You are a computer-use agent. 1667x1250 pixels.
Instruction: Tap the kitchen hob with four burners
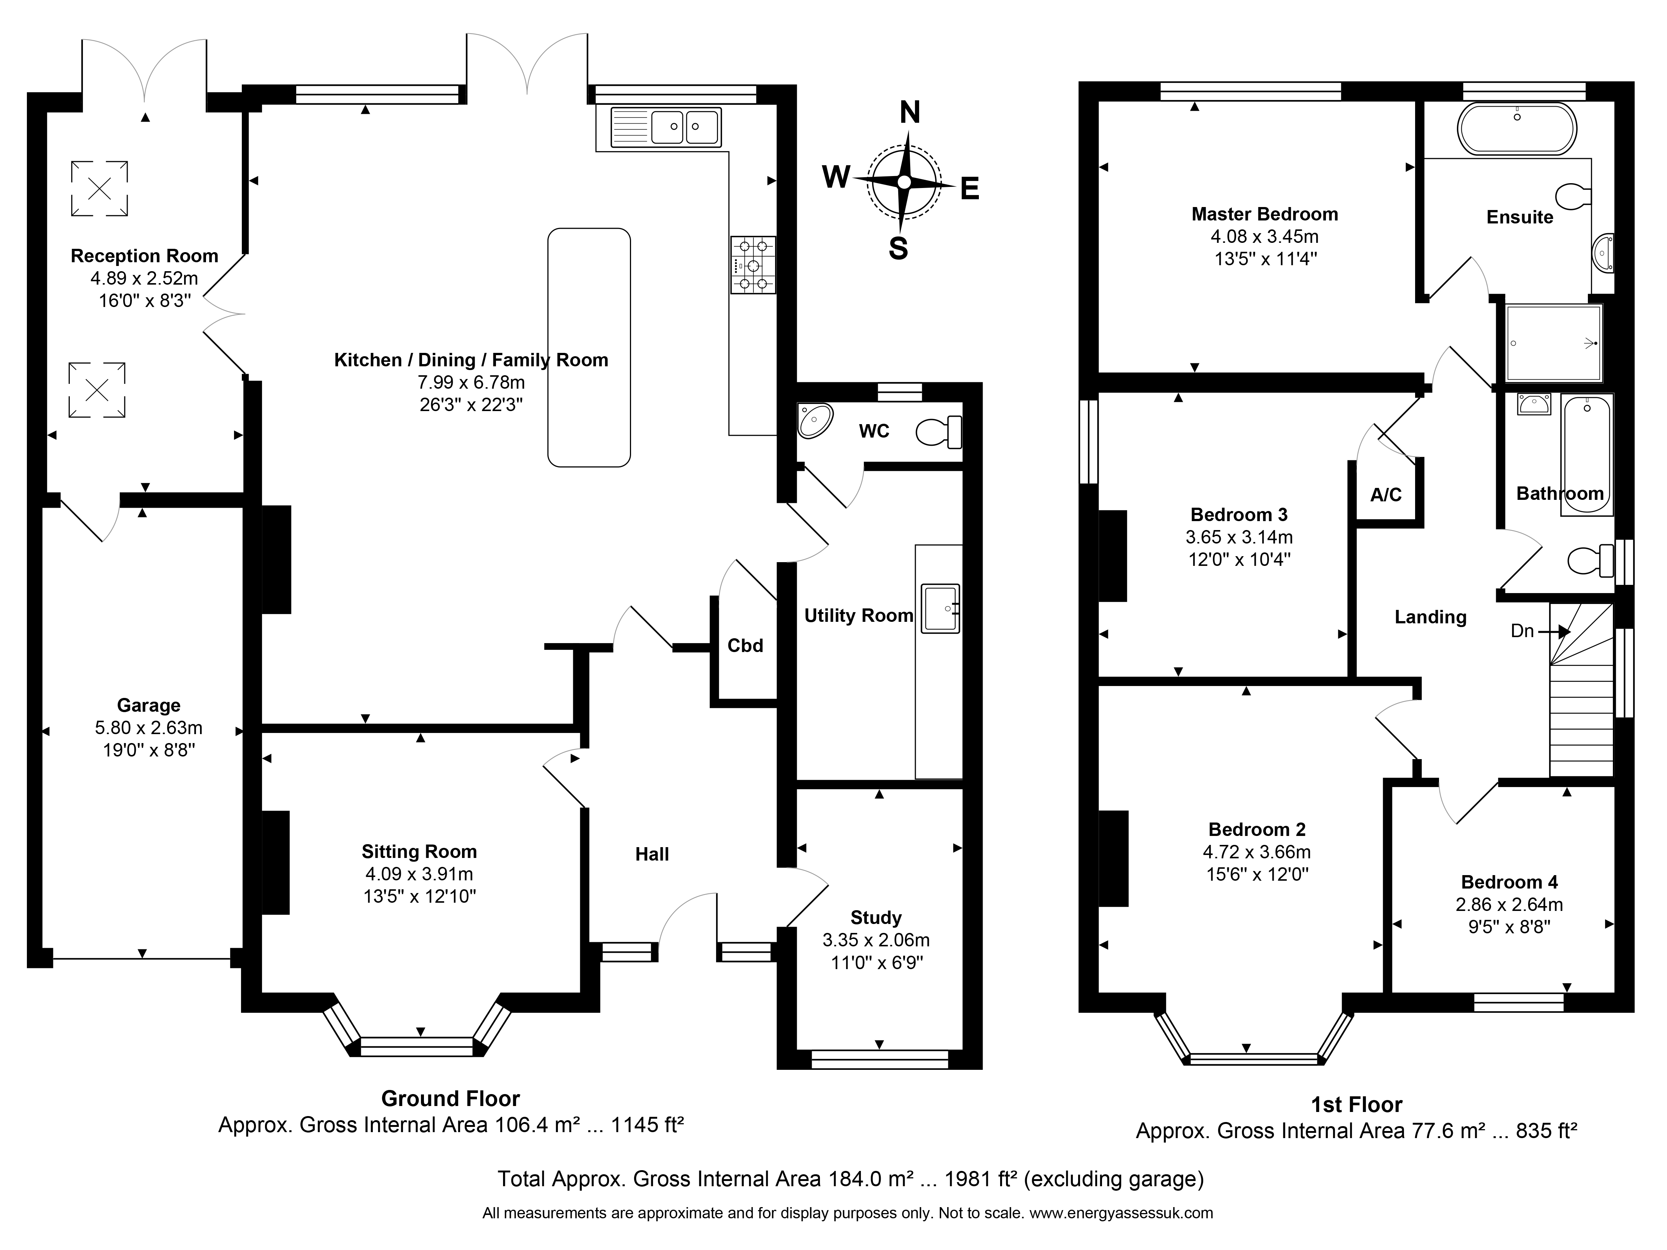pyautogui.click(x=752, y=264)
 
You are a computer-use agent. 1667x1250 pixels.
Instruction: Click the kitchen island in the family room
pyautogui.click(x=589, y=347)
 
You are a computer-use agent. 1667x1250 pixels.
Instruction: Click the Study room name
pyautogui.click(x=876, y=918)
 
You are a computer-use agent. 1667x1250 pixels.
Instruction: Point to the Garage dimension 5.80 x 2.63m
pyautogui.click(x=149, y=728)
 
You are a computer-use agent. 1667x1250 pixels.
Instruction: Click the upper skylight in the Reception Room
pyautogui.click(x=100, y=188)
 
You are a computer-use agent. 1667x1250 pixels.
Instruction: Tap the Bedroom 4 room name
pyautogui.click(x=1510, y=881)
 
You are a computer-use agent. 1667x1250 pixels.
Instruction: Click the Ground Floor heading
pyautogui.click(x=451, y=1099)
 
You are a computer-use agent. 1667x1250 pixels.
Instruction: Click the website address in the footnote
pyautogui.click(x=1121, y=1213)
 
